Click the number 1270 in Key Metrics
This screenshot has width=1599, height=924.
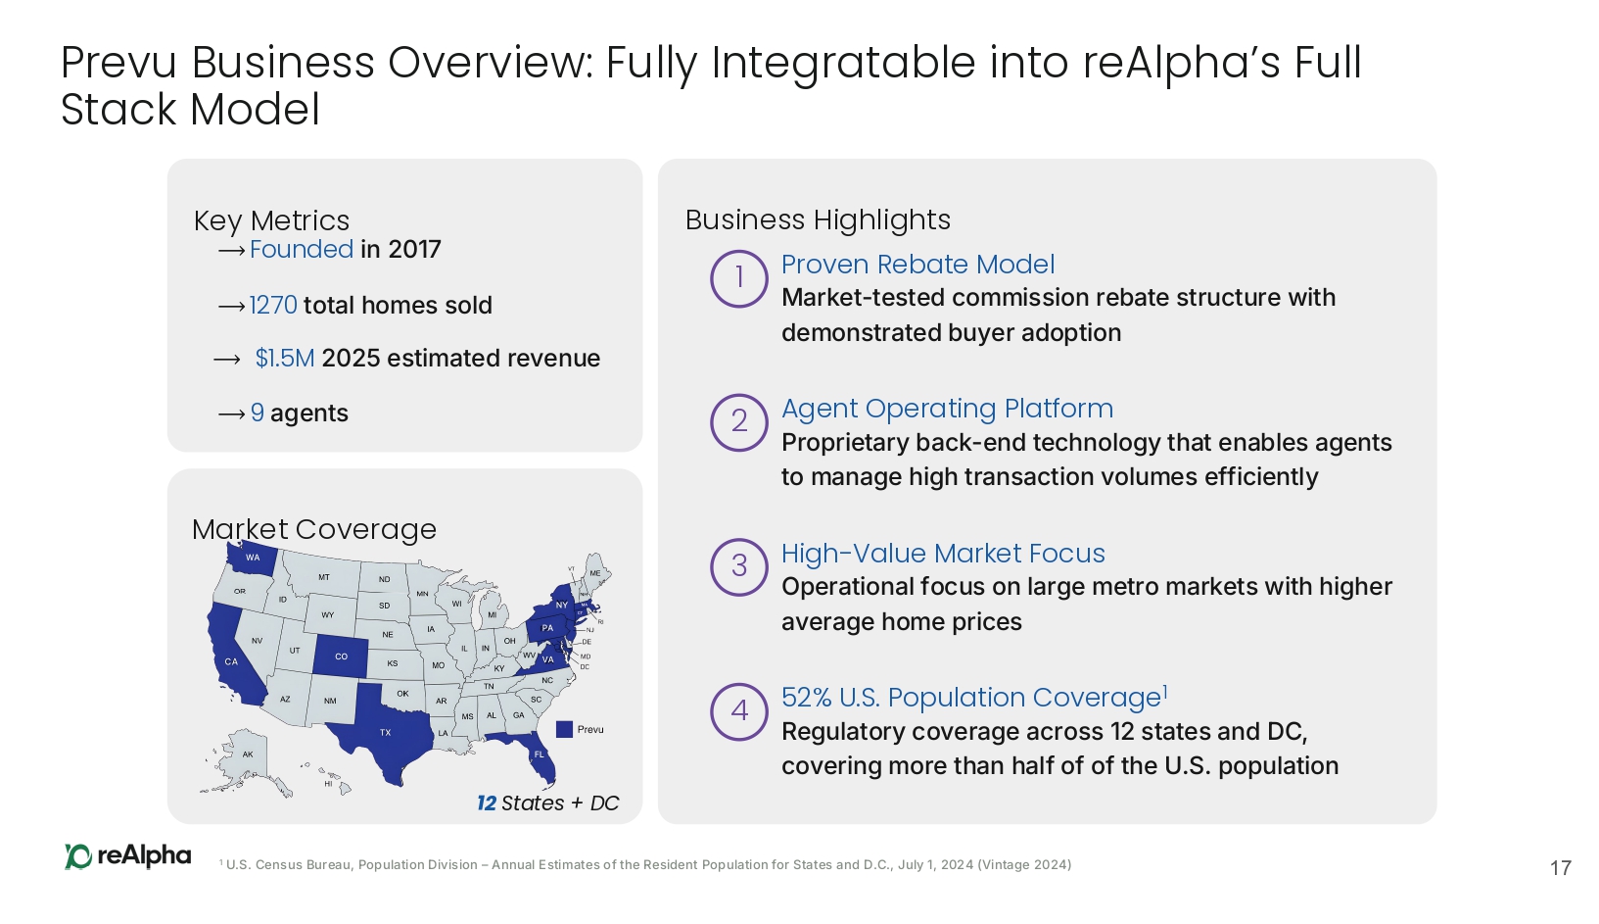[273, 306]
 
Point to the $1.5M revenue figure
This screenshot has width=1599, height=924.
[285, 359]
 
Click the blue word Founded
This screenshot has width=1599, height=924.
[302, 249]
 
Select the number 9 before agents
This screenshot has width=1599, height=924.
[257, 413]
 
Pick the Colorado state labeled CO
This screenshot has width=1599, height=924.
[341, 656]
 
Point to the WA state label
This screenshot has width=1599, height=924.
[253, 557]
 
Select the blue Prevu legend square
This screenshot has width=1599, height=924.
[564, 729]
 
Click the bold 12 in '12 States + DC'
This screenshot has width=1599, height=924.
[486, 803]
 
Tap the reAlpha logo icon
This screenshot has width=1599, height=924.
[77, 856]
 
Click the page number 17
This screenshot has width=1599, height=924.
[1561, 868]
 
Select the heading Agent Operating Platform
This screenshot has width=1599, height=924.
[947, 410]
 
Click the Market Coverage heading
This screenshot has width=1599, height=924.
[314, 530]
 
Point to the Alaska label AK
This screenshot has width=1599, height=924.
[248, 754]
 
